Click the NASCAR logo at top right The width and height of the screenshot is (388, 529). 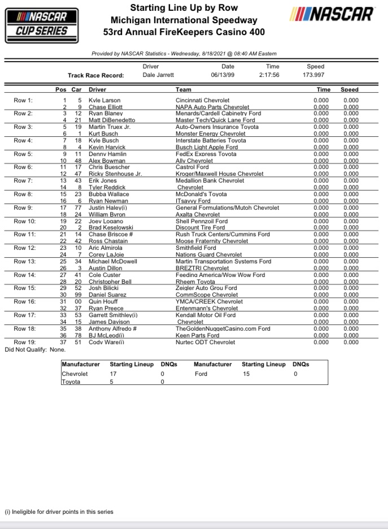pyautogui.click(x=332, y=14)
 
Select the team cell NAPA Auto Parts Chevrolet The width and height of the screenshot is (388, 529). pyautogui.click(x=212, y=107)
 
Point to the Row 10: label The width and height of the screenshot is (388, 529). pyautogui.click(x=24, y=221)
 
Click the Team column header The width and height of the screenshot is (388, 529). pyautogui.click(x=184, y=89)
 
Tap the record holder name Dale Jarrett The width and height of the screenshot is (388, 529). pyautogui.click(x=159, y=75)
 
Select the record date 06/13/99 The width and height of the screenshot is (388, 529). pyautogui.click(x=223, y=75)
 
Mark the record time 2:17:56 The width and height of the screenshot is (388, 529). pyautogui.click(x=269, y=75)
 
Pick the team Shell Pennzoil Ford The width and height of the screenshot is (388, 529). pyautogui.click(x=202, y=221)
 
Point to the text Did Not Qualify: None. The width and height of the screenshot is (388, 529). pyautogui.click(x=34, y=349)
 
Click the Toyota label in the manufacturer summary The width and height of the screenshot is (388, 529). pyautogui.click(x=71, y=382)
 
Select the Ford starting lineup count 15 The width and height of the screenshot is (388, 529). pyautogui.click(x=246, y=374)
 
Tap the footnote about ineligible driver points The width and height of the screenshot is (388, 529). pyautogui.click(x=59, y=511)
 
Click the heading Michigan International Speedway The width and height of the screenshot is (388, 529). pyautogui.click(x=184, y=20)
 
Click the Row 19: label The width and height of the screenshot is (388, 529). pyautogui.click(x=24, y=342)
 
